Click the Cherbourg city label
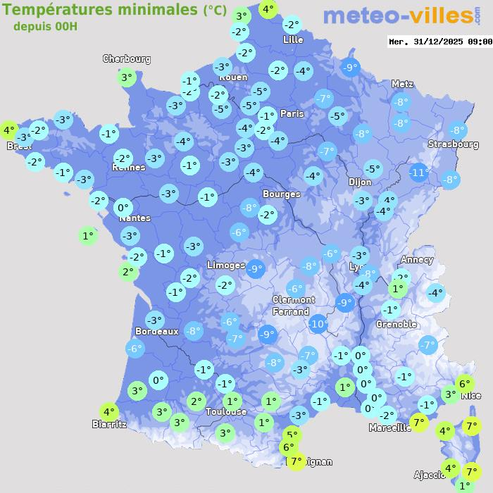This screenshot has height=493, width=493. tap(127, 59)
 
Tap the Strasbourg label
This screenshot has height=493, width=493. tap(453, 144)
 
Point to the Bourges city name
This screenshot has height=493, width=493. tap(281, 194)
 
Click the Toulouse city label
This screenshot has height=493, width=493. tap(226, 411)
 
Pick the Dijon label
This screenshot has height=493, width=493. tap(359, 182)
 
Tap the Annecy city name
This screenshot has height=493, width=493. tap(417, 259)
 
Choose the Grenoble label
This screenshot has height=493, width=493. tap(397, 325)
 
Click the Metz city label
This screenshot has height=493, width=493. tap(402, 84)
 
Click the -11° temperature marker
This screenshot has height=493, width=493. tap(420, 173)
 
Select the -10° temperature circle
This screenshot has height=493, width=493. tap(318, 324)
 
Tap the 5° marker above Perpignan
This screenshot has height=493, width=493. tap(292, 435)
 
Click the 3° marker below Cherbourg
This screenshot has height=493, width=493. tap(127, 77)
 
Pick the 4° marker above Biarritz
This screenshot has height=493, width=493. tap(108, 412)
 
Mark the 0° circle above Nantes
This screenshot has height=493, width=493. tap(123, 207)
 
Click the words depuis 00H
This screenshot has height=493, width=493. tap(45, 27)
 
